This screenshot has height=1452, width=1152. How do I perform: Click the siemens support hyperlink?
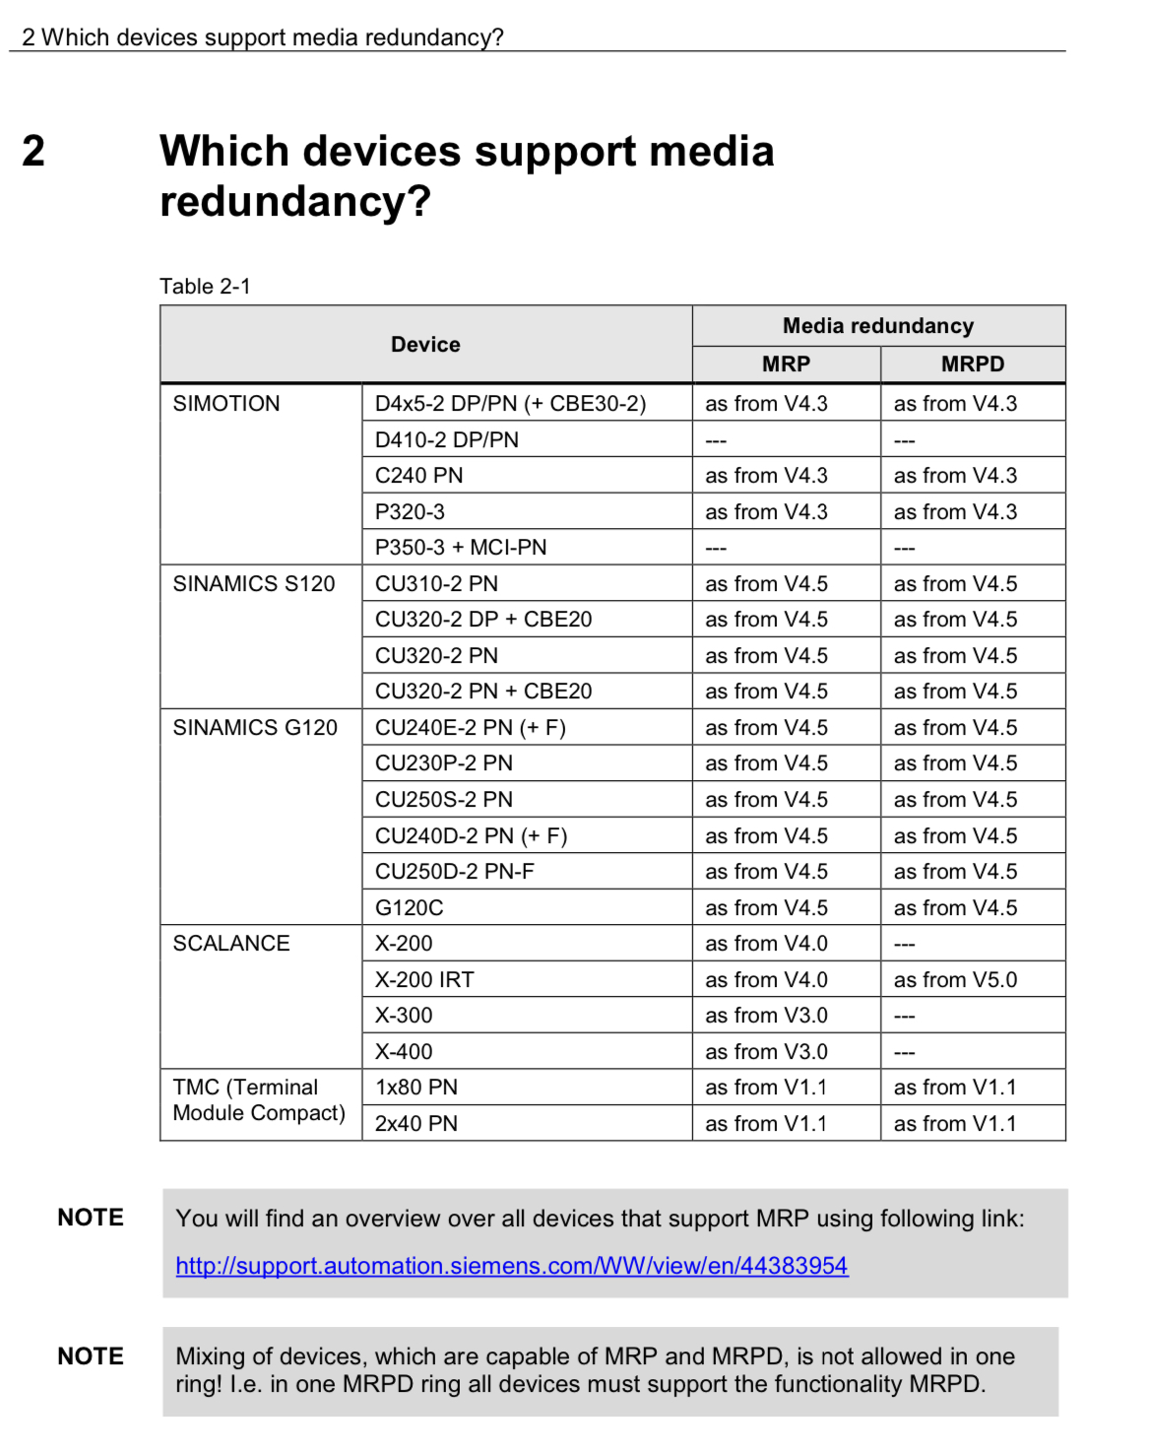[511, 1266]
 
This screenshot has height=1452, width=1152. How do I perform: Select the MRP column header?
[786, 364]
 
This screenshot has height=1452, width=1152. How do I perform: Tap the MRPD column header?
[973, 364]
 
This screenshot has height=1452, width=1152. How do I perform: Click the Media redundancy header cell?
[878, 326]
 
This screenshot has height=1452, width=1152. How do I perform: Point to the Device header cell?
[425, 345]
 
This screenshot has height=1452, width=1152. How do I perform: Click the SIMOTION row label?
[226, 404]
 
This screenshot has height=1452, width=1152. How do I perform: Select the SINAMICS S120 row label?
[254, 584]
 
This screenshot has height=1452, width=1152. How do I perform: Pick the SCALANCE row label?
[231, 944]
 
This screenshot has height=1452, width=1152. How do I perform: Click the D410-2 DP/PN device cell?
[447, 440]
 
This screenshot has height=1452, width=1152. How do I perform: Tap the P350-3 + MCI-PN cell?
[461, 548]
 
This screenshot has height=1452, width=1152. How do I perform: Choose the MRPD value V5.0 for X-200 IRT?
[955, 980]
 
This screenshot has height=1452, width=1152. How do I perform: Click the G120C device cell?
[410, 908]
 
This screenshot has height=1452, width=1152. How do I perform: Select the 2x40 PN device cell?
[416, 1124]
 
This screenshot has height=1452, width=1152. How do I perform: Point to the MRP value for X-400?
[766, 1052]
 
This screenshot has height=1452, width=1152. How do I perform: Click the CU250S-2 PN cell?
[444, 800]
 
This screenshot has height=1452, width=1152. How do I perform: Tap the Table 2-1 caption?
[205, 287]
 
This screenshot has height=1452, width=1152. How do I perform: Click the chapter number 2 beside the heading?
[33, 152]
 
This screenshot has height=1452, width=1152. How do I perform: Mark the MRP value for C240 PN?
[766, 476]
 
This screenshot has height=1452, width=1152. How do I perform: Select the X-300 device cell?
[404, 1016]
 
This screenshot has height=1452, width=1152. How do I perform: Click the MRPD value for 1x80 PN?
[955, 1088]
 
